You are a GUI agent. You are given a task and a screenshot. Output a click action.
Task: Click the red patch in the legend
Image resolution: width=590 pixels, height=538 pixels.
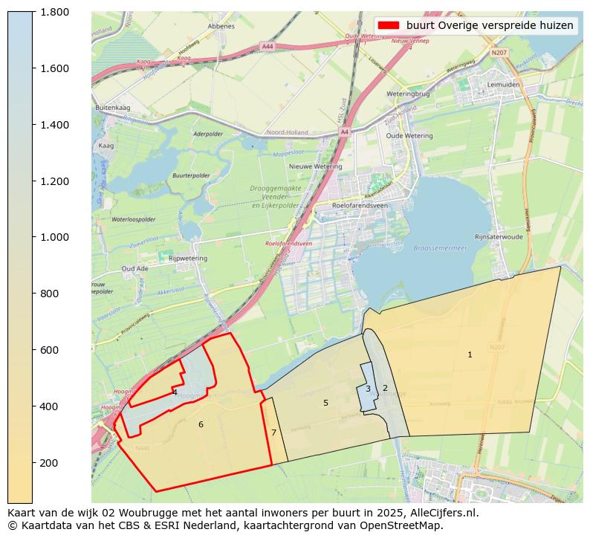pyautogui.click(x=389, y=25)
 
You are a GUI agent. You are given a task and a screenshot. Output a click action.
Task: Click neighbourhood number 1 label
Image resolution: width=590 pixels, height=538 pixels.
pyautogui.click(x=470, y=355)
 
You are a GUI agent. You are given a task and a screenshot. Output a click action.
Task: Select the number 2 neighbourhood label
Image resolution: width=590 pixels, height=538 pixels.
pyautogui.click(x=385, y=388)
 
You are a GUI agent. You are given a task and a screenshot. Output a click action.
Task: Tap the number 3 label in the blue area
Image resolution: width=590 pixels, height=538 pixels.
pyautogui.click(x=368, y=389)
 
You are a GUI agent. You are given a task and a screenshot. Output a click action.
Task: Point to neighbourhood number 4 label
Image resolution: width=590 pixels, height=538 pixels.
pyautogui.click(x=175, y=392)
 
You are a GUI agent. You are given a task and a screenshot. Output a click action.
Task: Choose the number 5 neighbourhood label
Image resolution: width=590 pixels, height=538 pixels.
pyautogui.click(x=325, y=403)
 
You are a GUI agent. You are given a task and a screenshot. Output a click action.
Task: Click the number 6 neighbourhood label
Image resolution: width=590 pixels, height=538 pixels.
pyautogui.click(x=201, y=424)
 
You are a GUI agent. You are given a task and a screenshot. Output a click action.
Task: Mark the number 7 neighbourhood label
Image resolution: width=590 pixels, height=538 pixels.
pyautogui.click(x=273, y=432)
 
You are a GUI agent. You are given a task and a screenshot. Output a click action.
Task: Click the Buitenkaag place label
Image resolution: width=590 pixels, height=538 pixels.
pyautogui.click(x=113, y=108)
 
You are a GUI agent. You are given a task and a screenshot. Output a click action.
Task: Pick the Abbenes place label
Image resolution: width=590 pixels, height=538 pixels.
pyautogui.click(x=221, y=26)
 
